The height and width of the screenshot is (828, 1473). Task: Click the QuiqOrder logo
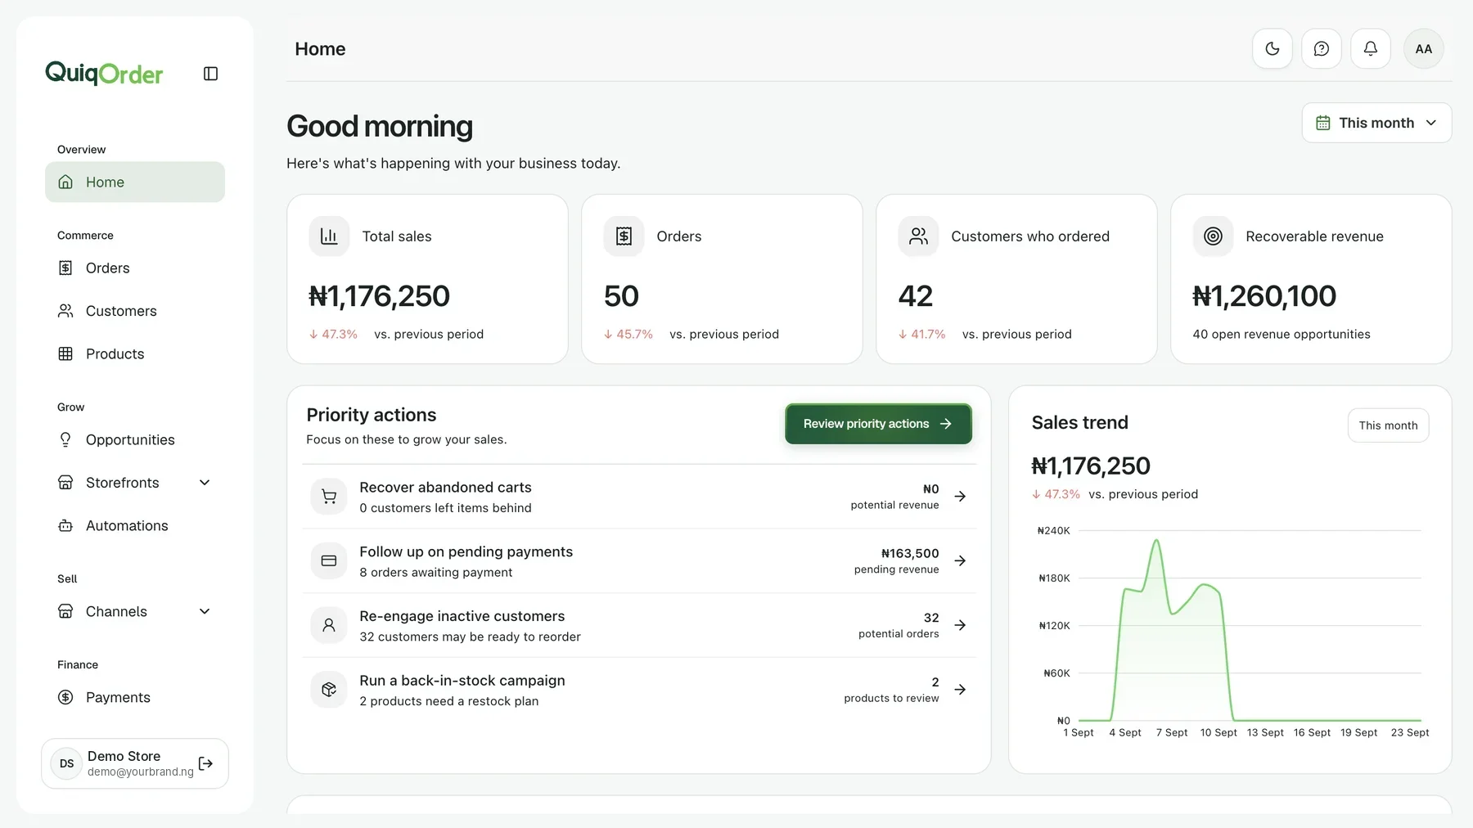point(104,74)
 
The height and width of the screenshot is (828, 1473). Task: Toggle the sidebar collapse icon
point(210,74)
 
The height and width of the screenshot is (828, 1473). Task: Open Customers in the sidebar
point(121,311)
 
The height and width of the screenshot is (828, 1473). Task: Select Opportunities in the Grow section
point(130,439)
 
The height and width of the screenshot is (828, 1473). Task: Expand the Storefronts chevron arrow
point(205,483)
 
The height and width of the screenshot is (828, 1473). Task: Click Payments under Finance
point(118,697)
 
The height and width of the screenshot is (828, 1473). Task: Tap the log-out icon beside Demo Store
point(205,763)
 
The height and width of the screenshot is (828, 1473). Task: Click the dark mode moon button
point(1273,49)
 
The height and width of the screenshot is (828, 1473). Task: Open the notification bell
point(1371,49)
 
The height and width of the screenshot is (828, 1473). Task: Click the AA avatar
point(1424,49)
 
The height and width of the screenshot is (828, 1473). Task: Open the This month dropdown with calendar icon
point(1376,123)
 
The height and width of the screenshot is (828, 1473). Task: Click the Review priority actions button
point(878,424)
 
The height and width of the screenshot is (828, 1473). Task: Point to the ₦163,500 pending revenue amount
point(910,553)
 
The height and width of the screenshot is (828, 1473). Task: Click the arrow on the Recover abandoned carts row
point(960,496)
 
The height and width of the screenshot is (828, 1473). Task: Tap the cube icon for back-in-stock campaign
point(329,690)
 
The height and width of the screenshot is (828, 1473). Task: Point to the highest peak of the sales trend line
point(1156,540)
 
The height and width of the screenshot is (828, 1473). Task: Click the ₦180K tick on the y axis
point(1054,578)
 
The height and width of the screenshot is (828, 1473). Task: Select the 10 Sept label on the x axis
point(1218,732)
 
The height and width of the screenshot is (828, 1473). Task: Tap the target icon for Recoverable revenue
point(1213,236)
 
